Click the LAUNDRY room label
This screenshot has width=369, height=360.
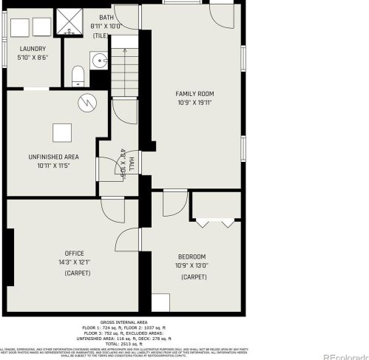tap(33, 49)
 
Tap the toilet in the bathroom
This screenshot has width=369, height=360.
tap(77, 75)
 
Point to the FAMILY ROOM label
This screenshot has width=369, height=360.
tap(194, 93)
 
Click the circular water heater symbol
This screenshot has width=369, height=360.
tap(87, 102)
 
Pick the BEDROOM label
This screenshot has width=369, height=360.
tap(191, 256)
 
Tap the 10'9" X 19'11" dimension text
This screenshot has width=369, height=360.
tap(194, 103)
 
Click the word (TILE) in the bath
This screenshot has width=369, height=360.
tap(101, 35)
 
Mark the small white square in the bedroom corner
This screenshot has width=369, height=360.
tap(160, 303)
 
